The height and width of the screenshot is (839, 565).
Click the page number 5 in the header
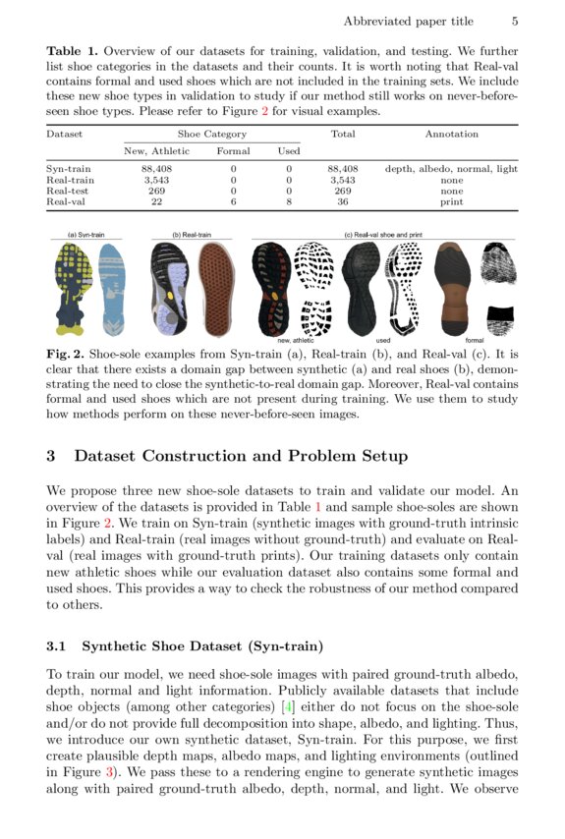point(515,21)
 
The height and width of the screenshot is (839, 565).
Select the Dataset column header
point(64,134)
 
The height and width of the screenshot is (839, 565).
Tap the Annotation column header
point(451,134)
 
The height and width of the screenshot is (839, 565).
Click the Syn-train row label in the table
point(70,169)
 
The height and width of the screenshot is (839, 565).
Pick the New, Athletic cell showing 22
point(156,201)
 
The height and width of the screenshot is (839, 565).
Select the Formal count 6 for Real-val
point(233,201)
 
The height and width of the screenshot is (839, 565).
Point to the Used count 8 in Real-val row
point(289,201)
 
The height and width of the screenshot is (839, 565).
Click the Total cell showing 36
point(342,201)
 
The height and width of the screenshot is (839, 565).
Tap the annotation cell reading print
point(451,201)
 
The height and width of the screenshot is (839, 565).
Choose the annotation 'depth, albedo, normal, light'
point(451,169)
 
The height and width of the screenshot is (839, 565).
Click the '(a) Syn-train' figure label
point(85,236)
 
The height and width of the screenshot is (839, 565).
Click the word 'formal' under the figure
point(461,340)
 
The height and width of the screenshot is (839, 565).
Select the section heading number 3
point(52,456)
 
